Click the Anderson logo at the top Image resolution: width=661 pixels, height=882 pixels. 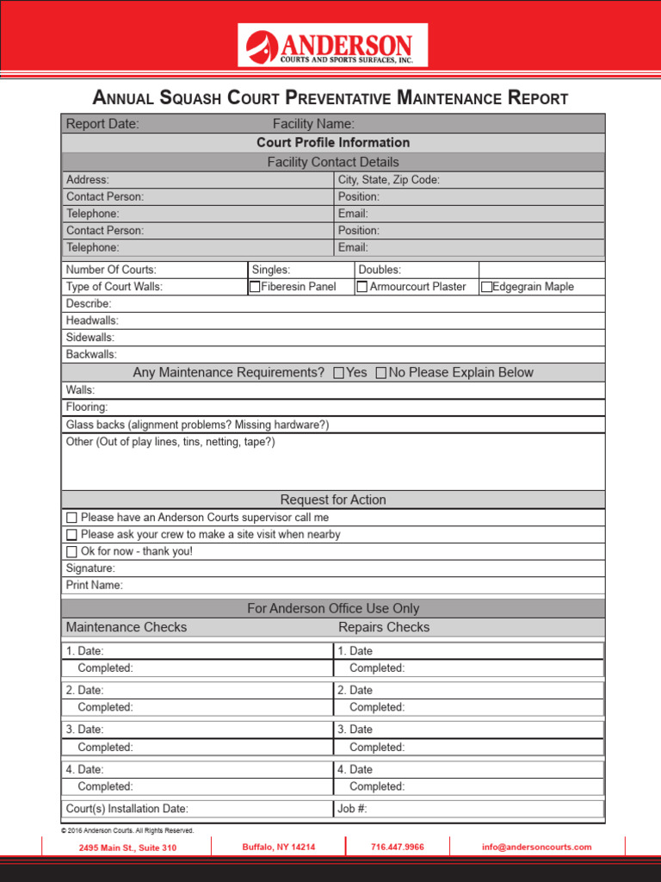[332, 46]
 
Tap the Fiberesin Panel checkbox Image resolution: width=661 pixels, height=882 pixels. [255, 287]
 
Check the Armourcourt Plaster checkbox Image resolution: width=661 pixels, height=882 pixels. [362, 287]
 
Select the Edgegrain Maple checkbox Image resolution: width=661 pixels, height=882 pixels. [487, 287]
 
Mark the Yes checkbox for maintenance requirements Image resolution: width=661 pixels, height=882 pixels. [338, 373]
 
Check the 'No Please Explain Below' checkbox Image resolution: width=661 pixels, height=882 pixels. [381, 373]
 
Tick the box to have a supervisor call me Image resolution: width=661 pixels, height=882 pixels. [71, 518]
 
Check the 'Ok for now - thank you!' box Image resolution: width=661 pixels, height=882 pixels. [71, 551]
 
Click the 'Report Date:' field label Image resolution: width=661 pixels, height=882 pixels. [102, 124]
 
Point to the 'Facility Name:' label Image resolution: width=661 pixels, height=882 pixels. [313, 124]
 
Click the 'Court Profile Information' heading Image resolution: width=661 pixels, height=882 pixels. [333, 143]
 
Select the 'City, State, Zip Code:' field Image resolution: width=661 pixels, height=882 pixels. [389, 180]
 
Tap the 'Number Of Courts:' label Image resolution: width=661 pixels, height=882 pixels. [111, 270]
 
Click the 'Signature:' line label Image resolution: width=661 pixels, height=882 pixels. [90, 568]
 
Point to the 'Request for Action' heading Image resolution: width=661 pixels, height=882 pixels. [333, 500]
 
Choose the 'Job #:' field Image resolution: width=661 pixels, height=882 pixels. [353, 809]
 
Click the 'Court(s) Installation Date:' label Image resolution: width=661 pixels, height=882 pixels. [127, 809]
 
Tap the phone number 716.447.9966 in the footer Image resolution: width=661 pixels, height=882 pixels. [398, 848]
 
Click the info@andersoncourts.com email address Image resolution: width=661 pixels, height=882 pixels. [537, 848]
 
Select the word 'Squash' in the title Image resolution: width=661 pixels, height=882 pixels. [189, 98]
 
